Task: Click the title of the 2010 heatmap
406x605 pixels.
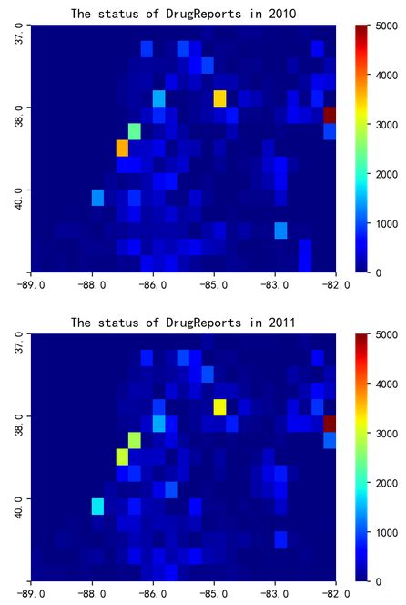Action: pos(184,14)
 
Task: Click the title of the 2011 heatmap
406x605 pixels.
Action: pos(184,323)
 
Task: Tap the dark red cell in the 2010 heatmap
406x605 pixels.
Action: pos(330,116)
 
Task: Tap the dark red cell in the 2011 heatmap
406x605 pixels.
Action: pos(330,424)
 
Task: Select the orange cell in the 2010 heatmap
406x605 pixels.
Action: pos(122,149)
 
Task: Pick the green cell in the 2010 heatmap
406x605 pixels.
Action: pos(135,132)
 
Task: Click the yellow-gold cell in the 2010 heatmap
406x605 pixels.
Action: pos(219,98)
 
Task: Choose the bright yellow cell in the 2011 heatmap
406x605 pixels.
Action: pos(219,407)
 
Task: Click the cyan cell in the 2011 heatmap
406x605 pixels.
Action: pos(98,507)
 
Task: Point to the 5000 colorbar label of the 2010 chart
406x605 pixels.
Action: pos(387,26)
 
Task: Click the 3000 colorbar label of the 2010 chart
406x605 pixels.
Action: pos(387,125)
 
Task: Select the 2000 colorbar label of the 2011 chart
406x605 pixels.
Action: pos(387,483)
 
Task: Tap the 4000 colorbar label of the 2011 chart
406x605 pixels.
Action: pos(387,384)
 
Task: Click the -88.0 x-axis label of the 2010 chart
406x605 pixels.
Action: pos(92,285)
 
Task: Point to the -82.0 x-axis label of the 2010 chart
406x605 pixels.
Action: pos(336,285)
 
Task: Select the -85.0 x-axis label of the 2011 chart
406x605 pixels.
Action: pos(214,593)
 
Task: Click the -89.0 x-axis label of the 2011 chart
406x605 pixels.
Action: pos(31,593)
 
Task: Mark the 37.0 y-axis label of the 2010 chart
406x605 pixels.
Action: pos(19,36)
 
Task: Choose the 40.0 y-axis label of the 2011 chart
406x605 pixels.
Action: pos(19,508)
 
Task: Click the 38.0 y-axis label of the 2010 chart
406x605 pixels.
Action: pos(19,118)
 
